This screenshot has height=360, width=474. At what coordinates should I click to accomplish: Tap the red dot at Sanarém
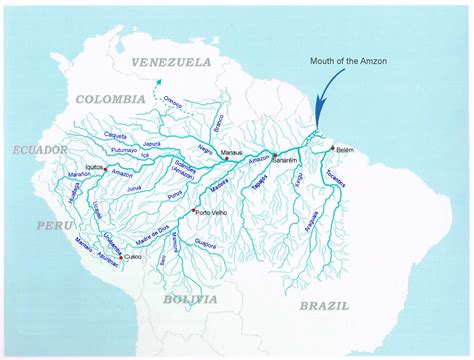pos(274,156)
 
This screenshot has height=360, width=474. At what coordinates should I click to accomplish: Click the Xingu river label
pos(297,181)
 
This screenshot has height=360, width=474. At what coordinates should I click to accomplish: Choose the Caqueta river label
pos(117,137)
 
